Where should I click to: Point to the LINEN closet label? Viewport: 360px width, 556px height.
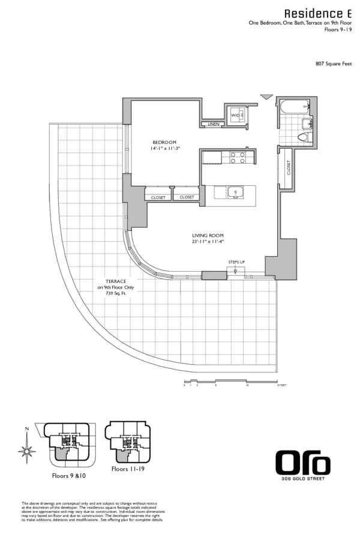[x=212, y=124]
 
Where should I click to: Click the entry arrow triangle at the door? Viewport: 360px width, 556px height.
[x=266, y=97]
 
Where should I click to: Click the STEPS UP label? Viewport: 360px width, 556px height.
[x=236, y=262]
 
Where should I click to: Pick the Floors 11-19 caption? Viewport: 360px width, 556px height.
[x=127, y=469]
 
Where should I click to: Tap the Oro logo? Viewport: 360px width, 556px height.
[x=302, y=464]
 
